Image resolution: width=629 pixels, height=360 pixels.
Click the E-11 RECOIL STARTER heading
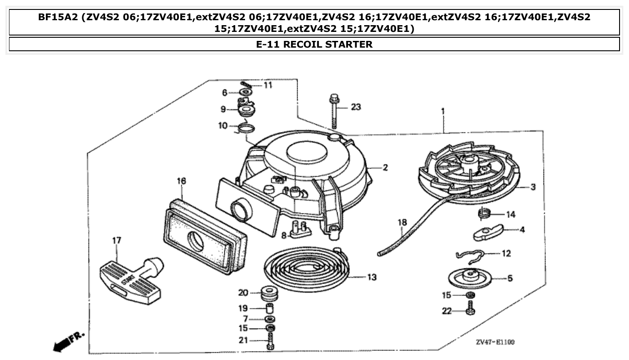pos(314,44)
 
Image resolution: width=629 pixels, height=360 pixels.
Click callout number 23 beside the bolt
pos(356,107)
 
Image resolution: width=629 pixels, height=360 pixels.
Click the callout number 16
pos(181,181)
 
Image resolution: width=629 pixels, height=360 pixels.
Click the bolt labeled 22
pos(470,309)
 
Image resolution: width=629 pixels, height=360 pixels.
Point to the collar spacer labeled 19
pos(270,309)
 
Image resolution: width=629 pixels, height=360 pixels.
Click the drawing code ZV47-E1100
pos(495,342)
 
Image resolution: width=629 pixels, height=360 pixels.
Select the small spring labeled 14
pos(484,213)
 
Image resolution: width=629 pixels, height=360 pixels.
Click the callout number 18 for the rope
pos(401,222)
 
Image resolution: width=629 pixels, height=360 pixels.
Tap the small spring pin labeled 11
pos(245,84)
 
